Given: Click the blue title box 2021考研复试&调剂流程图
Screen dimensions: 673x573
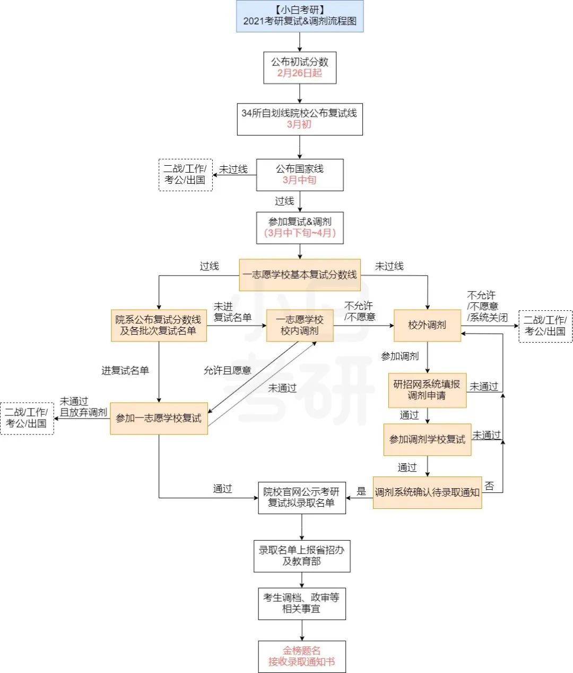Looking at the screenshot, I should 300,16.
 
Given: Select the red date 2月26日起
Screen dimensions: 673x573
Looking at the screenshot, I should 300,73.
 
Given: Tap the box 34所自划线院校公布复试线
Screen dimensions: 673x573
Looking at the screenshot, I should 300,119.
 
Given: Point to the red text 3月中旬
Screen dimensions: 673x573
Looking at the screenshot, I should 300,180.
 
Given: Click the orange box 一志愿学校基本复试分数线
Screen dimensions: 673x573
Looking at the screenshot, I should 300,275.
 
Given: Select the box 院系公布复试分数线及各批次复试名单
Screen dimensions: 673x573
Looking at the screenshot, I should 159,325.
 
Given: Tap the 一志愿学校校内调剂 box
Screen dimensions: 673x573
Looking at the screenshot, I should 300,325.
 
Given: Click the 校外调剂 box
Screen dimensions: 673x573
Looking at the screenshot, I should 427,325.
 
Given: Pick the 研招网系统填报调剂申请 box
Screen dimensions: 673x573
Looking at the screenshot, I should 427,390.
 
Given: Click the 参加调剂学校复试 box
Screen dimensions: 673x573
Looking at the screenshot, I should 427,439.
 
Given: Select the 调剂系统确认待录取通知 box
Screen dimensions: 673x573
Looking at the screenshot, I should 427,492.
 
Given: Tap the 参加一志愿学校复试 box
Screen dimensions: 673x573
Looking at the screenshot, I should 159,419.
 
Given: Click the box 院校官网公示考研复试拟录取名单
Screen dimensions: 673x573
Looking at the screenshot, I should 302,498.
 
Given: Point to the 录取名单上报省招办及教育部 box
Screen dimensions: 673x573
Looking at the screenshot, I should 302,556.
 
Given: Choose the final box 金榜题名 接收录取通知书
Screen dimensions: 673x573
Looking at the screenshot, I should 302,657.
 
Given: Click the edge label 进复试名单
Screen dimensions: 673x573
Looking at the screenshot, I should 125,370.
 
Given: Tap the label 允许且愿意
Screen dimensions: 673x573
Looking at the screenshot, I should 228,370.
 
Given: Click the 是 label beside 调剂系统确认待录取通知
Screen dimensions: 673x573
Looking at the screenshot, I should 361,491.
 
